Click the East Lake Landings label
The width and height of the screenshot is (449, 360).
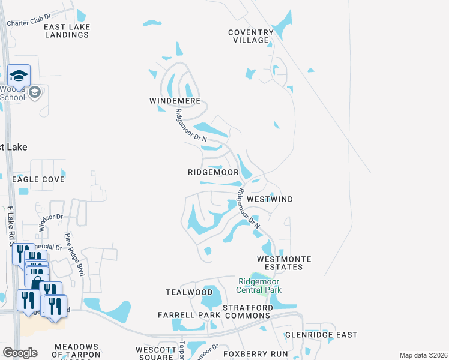[66, 31]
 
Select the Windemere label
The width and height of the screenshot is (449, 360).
[175, 101]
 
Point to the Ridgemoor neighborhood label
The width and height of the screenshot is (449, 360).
[213, 172]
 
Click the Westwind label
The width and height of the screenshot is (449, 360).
[270, 199]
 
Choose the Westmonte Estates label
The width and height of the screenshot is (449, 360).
[284, 263]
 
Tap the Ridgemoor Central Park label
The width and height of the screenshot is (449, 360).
[259, 285]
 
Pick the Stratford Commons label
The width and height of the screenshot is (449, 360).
[247, 311]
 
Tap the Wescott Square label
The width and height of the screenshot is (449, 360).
[155, 353]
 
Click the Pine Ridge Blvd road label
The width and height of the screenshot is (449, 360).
[76, 254]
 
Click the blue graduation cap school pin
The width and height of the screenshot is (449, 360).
[19, 76]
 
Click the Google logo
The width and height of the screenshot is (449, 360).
[19, 352]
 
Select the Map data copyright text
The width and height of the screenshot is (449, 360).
[423, 355]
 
